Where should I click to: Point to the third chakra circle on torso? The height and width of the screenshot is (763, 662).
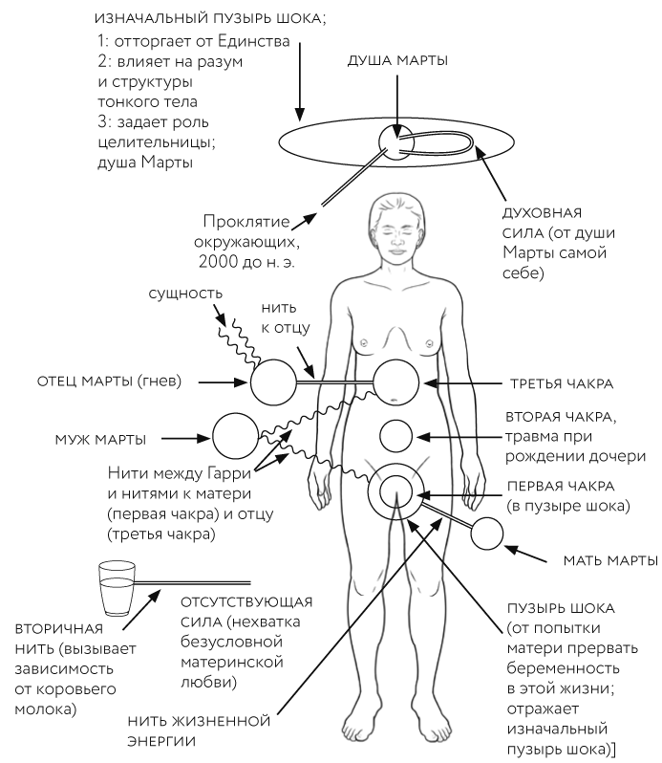[396, 381]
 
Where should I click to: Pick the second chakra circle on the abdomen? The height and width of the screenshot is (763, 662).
[396, 436]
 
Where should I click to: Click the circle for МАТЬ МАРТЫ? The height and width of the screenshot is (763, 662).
[488, 534]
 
